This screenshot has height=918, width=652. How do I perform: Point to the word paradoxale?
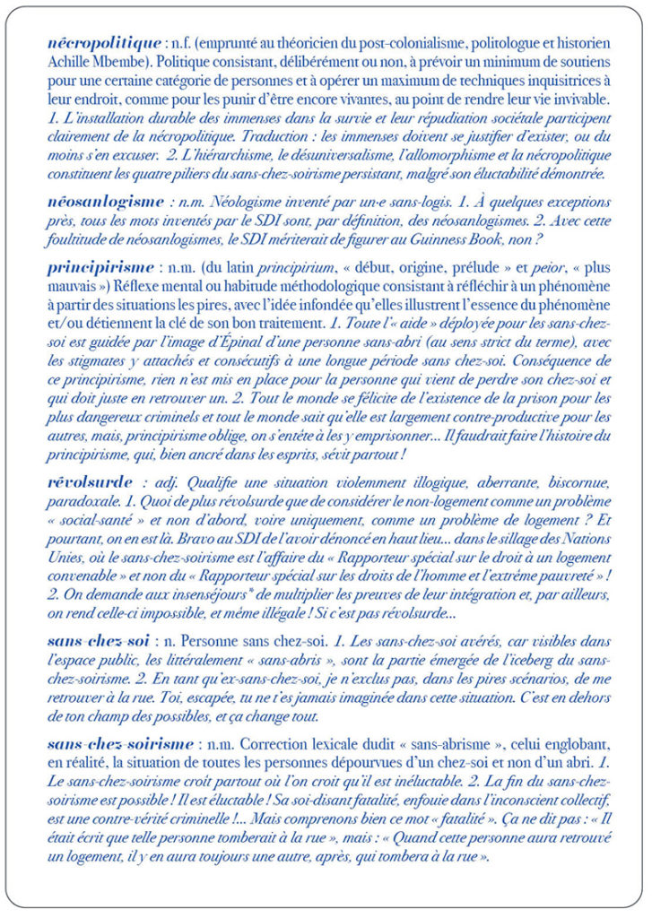(x=85, y=502)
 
